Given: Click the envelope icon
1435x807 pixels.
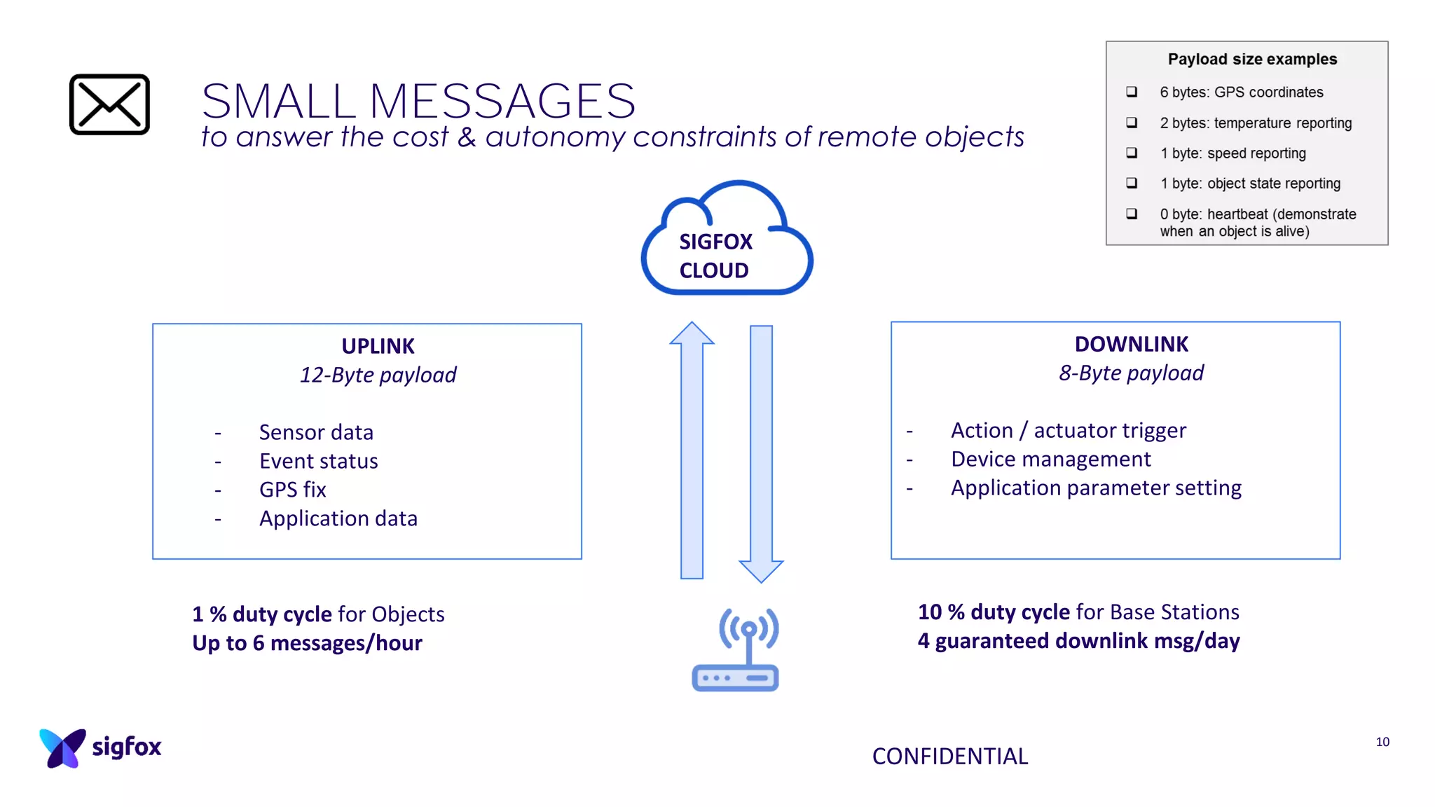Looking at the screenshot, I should click(x=109, y=104).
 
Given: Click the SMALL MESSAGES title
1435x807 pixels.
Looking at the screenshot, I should click(x=418, y=101).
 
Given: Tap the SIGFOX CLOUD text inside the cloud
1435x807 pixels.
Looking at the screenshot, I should click(x=715, y=256).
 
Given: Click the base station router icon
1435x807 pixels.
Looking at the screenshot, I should click(x=736, y=650).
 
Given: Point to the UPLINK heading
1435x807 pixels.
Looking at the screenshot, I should click(x=378, y=346).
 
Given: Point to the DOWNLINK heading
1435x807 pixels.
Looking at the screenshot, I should click(x=1131, y=344).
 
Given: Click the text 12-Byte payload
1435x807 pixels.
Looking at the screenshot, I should click(x=378, y=375).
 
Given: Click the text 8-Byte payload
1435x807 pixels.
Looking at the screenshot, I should click(x=1131, y=373).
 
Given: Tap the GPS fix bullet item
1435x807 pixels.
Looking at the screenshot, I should click(x=292, y=490).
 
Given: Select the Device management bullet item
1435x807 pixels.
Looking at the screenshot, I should click(x=1050, y=459).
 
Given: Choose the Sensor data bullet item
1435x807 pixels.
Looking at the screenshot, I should click(x=316, y=432).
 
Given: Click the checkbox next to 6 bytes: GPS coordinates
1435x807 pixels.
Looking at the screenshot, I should click(x=1132, y=92).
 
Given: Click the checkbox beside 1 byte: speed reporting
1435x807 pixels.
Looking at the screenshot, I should click(x=1132, y=153).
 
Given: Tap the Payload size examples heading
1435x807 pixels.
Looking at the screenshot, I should click(x=1252, y=60).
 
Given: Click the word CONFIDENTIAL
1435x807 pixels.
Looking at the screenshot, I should click(x=949, y=757).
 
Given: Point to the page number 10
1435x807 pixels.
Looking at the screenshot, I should click(x=1382, y=742).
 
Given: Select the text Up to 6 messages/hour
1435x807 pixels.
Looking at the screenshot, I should click(x=307, y=643).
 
